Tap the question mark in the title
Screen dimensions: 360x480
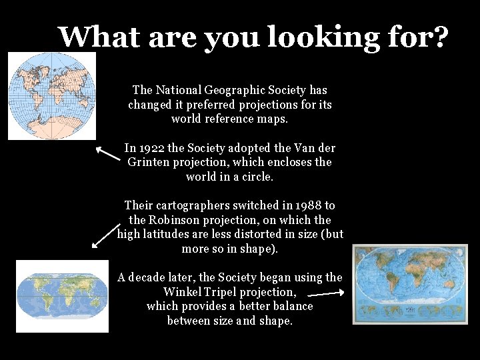[x=441, y=37]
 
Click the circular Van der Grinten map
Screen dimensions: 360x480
[x=51, y=95]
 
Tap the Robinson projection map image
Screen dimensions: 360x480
[x=62, y=295]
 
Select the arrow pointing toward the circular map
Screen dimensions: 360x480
[x=107, y=155]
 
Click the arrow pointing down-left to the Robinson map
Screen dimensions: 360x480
[x=104, y=236]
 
